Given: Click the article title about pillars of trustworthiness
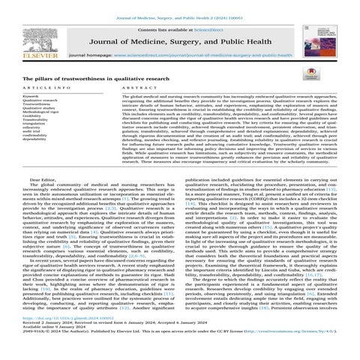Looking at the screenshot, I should (88, 79).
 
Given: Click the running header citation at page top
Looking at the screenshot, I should (181, 6).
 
